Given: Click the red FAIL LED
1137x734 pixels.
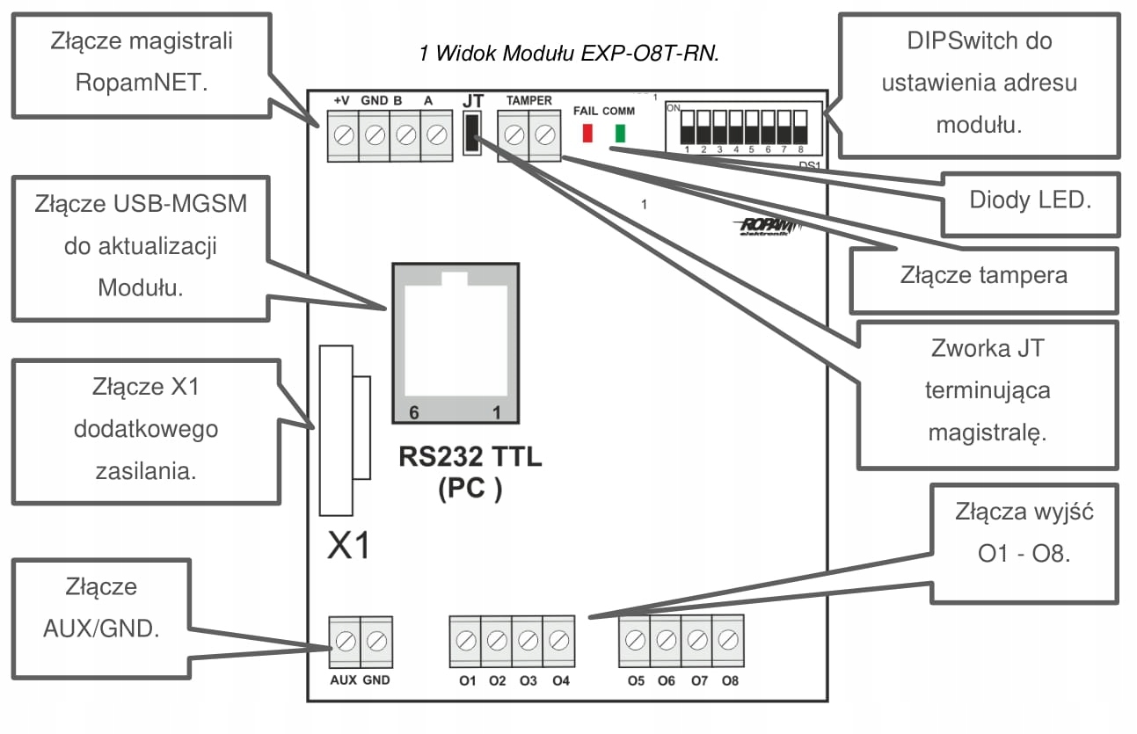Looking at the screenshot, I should [588, 133].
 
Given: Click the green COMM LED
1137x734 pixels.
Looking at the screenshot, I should [620, 133].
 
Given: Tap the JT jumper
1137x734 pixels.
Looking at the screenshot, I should [473, 134].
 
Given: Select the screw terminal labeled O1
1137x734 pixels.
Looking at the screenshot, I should [466, 640].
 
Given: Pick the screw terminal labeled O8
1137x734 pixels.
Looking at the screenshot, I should [726, 640].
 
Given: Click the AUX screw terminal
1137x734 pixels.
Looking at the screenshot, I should [346, 642].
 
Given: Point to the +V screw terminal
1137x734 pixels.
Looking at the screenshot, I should [344, 135].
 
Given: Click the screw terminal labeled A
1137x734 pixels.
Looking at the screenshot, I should [434, 135].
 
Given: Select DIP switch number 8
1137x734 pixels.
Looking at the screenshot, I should [800, 127].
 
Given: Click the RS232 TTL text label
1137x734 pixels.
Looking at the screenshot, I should [470, 458].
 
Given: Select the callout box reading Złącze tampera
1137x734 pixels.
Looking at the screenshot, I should [983, 275].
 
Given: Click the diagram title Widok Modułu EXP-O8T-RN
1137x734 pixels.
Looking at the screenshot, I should [569, 54].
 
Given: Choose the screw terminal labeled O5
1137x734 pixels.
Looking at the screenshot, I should [635, 640].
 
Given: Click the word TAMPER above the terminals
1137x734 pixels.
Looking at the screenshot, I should [528, 101].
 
